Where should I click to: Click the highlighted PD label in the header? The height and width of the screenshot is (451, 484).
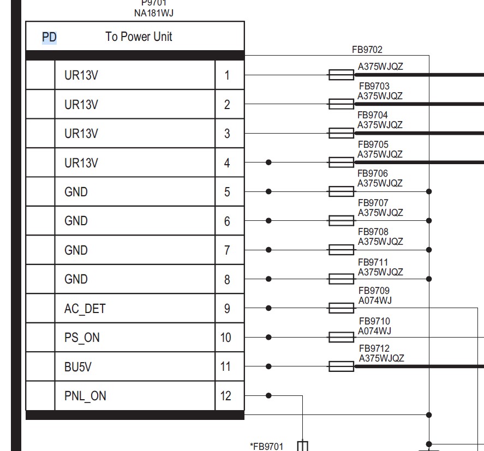click(50, 37)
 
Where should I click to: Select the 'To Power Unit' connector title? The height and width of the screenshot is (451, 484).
click(139, 37)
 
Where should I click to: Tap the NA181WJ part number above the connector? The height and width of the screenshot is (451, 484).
click(154, 13)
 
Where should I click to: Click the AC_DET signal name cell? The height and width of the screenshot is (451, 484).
click(85, 309)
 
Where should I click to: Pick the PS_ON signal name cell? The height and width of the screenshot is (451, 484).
click(82, 338)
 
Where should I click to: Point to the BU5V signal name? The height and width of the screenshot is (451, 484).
click(78, 367)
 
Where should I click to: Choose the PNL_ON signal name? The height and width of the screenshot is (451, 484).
click(85, 396)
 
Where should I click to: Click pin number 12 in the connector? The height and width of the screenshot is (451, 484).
click(226, 396)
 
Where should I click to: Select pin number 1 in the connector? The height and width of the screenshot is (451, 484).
click(227, 75)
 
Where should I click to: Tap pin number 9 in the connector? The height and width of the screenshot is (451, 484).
click(227, 309)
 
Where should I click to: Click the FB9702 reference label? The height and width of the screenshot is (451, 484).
click(367, 50)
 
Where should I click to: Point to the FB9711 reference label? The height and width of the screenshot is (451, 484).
click(373, 262)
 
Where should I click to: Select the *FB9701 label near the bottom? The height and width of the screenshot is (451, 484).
click(266, 447)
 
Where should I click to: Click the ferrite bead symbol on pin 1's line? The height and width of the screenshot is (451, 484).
click(341, 75)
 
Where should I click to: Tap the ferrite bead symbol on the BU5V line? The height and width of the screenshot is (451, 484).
click(341, 366)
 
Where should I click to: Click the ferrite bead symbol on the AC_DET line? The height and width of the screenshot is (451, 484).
click(341, 308)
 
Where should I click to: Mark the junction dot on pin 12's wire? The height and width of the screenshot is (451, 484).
click(268, 395)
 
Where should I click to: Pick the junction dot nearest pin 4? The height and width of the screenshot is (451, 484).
click(268, 163)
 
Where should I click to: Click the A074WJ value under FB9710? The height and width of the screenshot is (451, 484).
click(374, 331)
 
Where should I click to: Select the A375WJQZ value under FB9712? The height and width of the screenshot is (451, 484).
click(381, 358)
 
